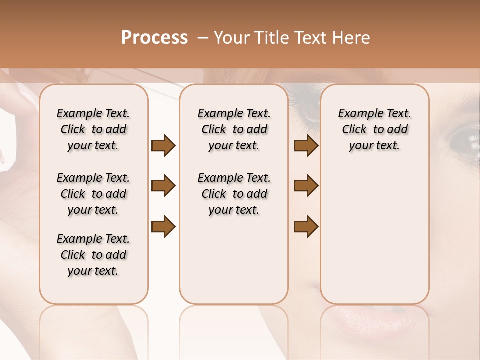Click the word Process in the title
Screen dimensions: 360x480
pos(154,38)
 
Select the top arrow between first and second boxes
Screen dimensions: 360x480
pos(163,146)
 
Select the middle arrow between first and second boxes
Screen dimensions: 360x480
pos(163,186)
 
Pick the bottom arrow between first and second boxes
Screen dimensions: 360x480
pos(163,227)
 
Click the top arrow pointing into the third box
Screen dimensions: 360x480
pos(306,146)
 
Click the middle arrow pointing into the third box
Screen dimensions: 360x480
pos(306,186)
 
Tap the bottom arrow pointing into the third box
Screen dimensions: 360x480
pos(306,227)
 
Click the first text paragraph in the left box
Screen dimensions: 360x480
pos(93,129)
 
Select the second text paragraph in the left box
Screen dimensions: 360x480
pos(93,194)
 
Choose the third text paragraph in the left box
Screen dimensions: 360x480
pos(93,255)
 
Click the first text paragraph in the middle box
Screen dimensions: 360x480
pos(234,129)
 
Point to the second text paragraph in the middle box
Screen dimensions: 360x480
pos(234,194)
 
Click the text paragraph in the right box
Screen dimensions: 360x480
pos(374,129)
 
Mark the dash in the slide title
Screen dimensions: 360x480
pos(203,38)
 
